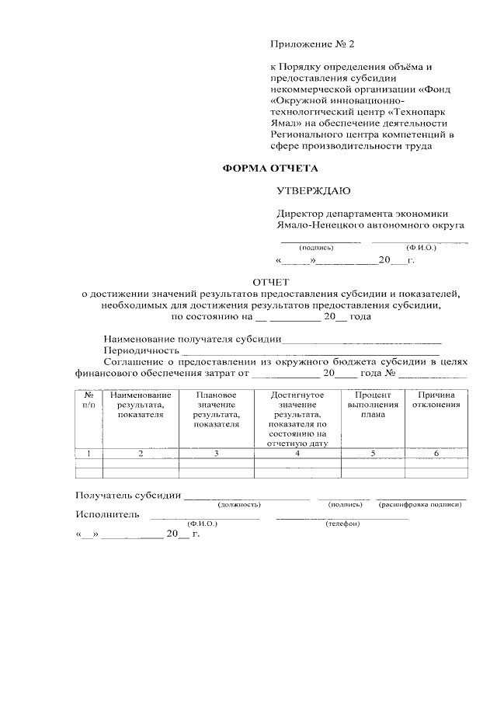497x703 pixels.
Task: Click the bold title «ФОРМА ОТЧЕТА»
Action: (270, 168)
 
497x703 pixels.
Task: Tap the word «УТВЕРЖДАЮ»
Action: (313, 190)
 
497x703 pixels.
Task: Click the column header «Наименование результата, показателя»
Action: (141, 405)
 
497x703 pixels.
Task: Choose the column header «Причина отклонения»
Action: (436, 400)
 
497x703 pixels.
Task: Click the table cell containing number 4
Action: (297, 453)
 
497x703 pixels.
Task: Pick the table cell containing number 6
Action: (436, 453)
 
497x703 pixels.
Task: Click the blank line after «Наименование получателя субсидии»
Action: (361, 339)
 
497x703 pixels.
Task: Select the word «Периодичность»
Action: (137, 350)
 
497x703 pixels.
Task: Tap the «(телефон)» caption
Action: (342, 524)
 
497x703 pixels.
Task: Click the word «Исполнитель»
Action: (107, 514)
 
